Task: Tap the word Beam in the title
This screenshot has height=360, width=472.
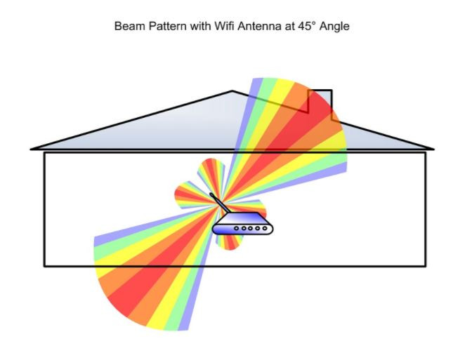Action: pyautogui.click(x=127, y=27)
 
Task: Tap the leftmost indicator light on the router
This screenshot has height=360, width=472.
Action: pyautogui.click(x=237, y=229)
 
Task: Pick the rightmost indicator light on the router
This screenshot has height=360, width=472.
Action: pyautogui.click(x=261, y=229)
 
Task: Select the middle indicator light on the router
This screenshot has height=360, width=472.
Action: pyautogui.click(x=249, y=229)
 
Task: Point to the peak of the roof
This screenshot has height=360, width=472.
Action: pyautogui.click(x=233, y=91)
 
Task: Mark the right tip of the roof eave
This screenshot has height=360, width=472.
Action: pyautogui.click(x=433, y=148)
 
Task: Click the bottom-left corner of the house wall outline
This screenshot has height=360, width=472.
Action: pyautogui.click(x=44, y=266)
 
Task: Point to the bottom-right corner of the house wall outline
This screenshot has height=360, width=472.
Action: pyautogui.click(x=425, y=266)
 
